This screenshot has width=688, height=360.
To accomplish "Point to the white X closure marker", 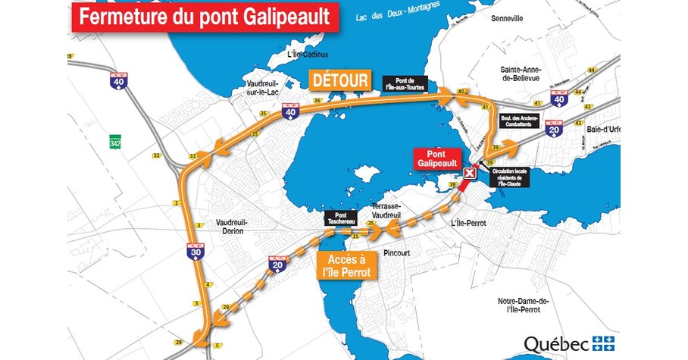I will tap(471, 174).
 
